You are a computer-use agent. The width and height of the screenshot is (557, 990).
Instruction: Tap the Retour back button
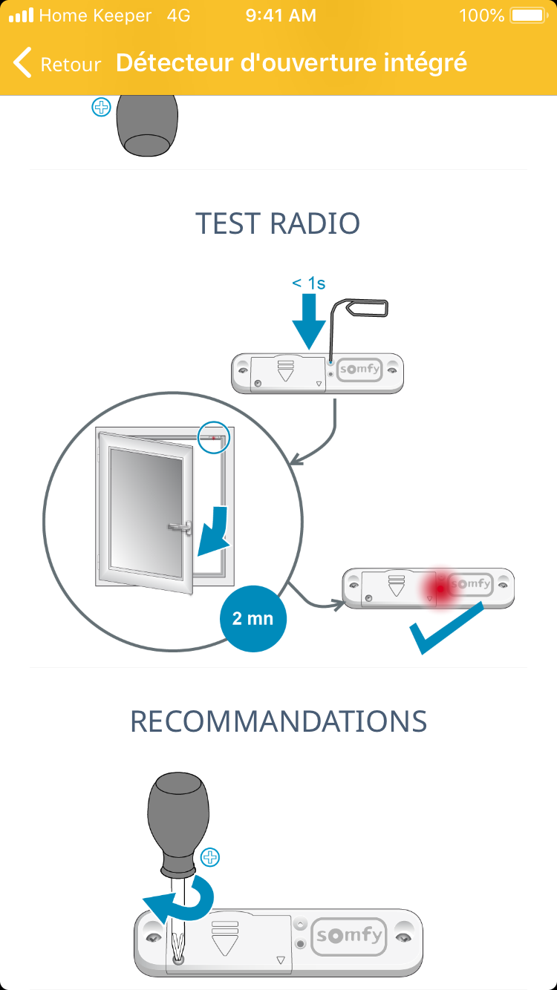click(56, 64)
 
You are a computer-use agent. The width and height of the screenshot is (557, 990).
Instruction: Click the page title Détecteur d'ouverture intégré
click(291, 63)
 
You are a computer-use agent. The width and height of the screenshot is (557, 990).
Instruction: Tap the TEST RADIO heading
click(278, 223)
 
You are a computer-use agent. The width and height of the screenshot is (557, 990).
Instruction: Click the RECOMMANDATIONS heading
click(278, 721)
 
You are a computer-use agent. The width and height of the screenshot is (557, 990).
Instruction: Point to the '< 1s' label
click(308, 283)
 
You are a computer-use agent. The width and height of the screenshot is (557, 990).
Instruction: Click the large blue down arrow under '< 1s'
click(309, 321)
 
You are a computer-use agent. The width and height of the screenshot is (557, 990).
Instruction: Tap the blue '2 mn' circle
click(253, 618)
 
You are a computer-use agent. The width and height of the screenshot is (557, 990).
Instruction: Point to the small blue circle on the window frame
click(215, 438)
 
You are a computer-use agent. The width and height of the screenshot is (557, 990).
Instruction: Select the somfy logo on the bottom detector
click(349, 936)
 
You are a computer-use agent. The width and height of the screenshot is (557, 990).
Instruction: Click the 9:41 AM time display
click(280, 16)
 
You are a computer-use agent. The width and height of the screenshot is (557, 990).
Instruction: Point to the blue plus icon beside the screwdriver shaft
click(211, 858)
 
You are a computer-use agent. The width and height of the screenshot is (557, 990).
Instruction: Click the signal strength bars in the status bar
click(21, 16)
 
